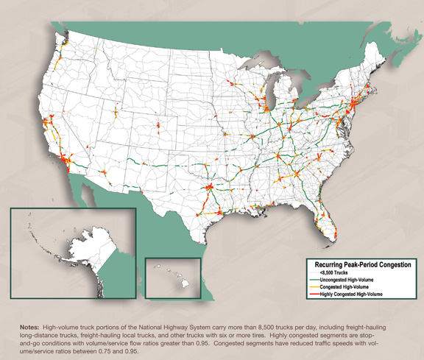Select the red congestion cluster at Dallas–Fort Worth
[x=210, y=189]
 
